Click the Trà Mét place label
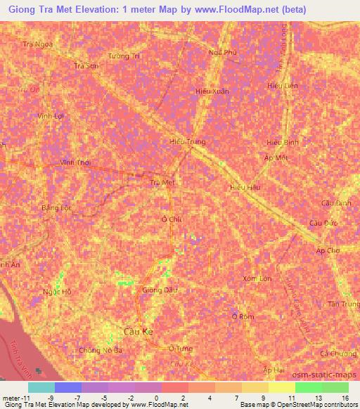pyautogui.click(x=162, y=182)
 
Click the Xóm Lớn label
pyautogui.click(x=257, y=278)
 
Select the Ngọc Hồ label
pyautogui.click(x=58, y=292)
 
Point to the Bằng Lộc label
pyautogui.click(x=57, y=208)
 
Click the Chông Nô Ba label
pyautogui.click(x=101, y=349)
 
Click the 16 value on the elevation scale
pyautogui.click(x=345, y=397)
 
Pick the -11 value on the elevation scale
pyautogui.click(x=21, y=397)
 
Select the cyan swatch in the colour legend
pyautogui.click(x=41, y=387)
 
